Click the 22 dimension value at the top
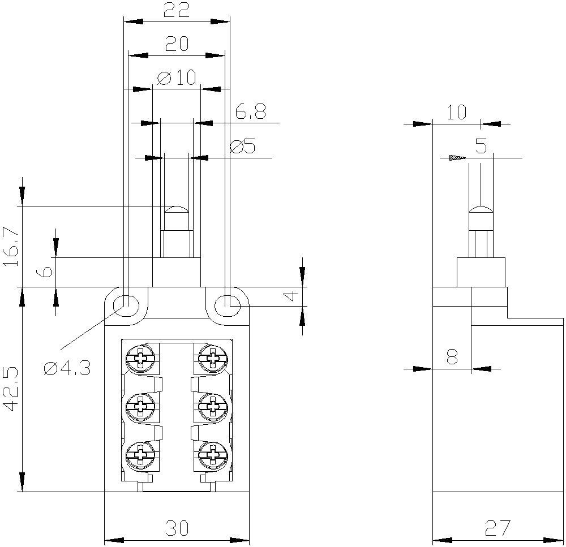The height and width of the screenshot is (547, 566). point(177,11)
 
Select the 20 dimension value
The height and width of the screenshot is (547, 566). point(177,44)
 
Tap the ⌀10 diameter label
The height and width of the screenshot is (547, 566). point(176,78)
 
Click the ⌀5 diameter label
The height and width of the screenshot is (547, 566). point(243,147)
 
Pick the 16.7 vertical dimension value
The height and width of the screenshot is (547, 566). point(13,247)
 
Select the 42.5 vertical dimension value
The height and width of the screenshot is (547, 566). point(13,390)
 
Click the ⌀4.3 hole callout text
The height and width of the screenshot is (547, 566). point(67,369)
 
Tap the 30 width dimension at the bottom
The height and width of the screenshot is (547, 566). point(178,528)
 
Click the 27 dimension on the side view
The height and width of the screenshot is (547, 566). point(498,528)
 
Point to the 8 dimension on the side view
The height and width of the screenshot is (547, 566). point(452,358)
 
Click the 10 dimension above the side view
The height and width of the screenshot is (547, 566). point(456,113)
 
